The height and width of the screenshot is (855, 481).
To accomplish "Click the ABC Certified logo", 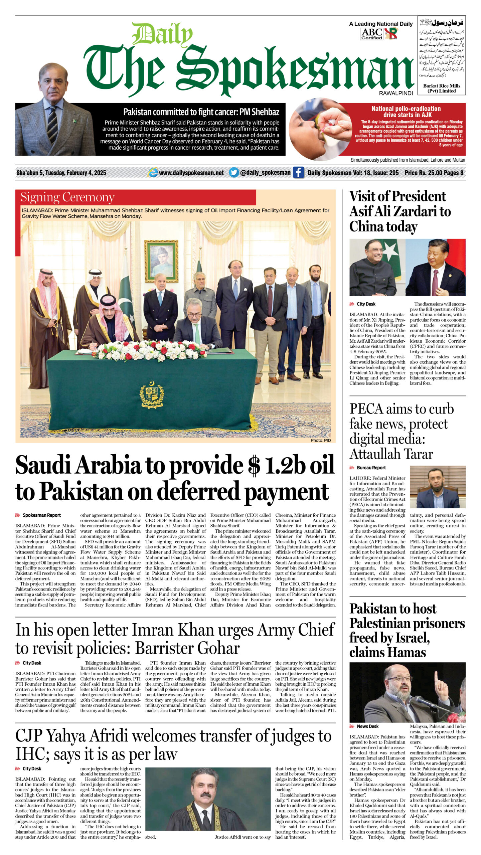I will click(371, 34).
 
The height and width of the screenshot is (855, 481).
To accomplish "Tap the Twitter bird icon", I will click(234, 172).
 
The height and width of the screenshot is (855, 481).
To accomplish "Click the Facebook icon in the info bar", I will click(298, 173).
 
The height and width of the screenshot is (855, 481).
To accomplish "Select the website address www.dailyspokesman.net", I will click(191, 173).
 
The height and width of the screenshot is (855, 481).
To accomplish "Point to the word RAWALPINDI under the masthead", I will click(396, 93).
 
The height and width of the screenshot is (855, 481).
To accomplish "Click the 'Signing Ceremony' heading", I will click(67, 197).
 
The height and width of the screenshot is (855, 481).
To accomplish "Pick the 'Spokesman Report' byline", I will click(41, 515).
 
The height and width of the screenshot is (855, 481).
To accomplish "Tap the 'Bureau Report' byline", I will click(371, 468).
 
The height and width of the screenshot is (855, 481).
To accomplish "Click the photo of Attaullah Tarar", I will click(438, 487).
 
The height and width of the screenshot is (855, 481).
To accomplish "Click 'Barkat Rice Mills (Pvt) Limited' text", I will click(442, 88).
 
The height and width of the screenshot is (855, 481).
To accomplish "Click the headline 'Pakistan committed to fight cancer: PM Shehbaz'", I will click(201, 112).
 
